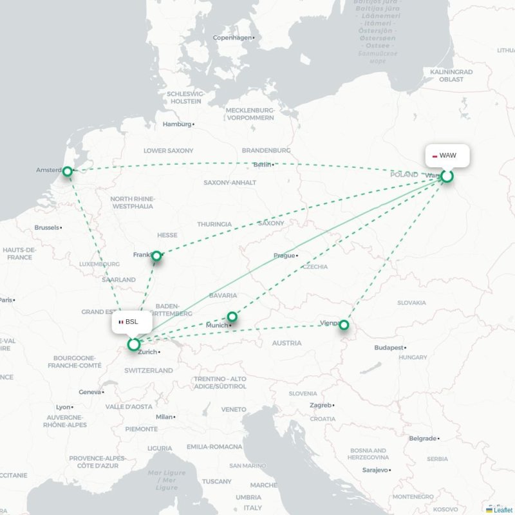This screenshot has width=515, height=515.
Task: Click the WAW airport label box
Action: pyautogui.click(x=447, y=156)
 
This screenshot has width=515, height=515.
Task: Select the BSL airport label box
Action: pyautogui.click(x=131, y=321)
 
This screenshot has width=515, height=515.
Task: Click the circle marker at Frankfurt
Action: pyautogui.click(x=156, y=256)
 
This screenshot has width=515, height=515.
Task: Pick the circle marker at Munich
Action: pyautogui.click(x=232, y=317)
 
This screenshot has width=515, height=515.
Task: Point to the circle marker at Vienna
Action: pyautogui.click(x=344, y=325)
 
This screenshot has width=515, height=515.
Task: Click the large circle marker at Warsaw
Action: pyautogui.click(x=447, y=176)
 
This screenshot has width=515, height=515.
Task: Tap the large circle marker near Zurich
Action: pyautogui.click(x=134, y=344)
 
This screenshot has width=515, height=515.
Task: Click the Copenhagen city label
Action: pyautogui.click(x=232, y=37)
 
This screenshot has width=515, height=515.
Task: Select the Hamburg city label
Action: pyautogui.click(x=177, y=124)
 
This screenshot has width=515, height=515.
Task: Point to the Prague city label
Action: pyautogui.click(x=284, y=256)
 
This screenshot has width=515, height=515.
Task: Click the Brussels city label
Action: pyautogui.click(x=47, y=228)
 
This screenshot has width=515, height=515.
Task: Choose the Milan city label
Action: pyautogui.click(x=164, y=417)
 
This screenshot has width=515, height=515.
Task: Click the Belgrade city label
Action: pyautogui.click(x=422, y=438)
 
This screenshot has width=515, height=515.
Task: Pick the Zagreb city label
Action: pyautogui.click(x=321, y=405)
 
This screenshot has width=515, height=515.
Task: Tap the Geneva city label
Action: pyautogui.click(x=89, y=391)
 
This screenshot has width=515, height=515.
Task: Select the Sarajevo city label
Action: pyautogui.click(x=375, y=470)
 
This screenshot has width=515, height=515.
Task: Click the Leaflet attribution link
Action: pyautogui.click(x=503, y=510)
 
